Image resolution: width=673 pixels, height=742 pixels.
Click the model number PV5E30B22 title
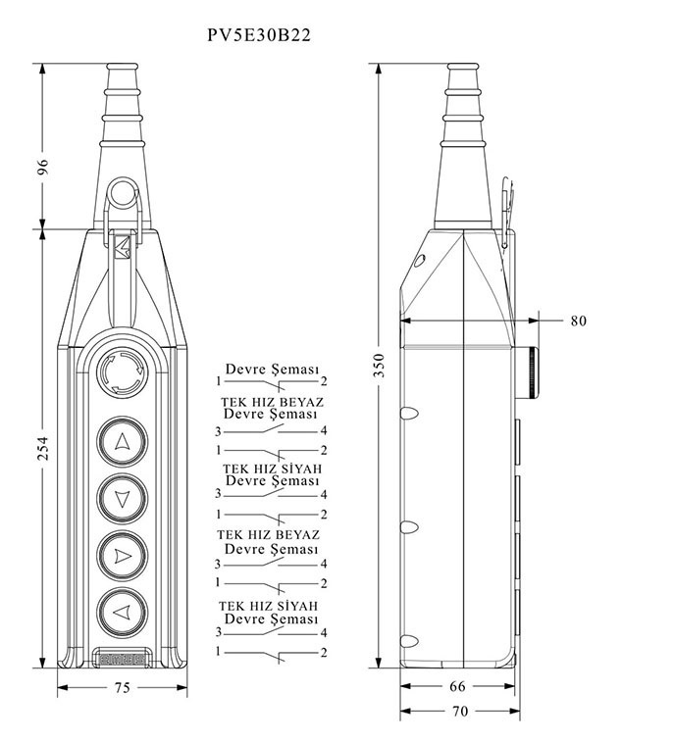click(259, 35)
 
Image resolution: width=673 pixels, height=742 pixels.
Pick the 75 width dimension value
click(122, 688)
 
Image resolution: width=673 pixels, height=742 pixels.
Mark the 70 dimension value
click(458, 712)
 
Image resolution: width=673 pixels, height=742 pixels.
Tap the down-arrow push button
click(122, 499)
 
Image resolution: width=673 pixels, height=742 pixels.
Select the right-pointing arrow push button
click(122, 556)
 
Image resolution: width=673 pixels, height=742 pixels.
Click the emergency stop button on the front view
click(122, 372)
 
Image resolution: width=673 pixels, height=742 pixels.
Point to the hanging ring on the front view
click(123, 192)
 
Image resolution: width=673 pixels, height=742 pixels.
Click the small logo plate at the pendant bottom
click(122, 658)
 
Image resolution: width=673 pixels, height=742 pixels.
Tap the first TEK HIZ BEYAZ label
click(272, 402)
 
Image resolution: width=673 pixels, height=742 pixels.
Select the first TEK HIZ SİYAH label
click(272, 469)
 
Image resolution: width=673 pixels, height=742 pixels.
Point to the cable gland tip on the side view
click(461, 70)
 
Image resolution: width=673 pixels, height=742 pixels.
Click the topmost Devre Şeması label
click(273, 370)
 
